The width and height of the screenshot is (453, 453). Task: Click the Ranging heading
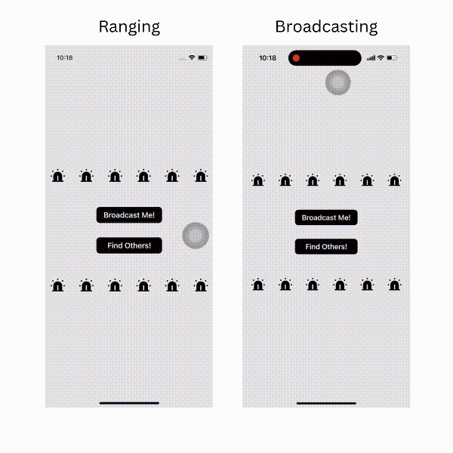(129, 27)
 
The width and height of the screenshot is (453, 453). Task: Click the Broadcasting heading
(326, 27)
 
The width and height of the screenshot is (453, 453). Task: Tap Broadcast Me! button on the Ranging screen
(129, 215)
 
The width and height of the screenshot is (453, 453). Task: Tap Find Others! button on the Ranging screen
(129, 245)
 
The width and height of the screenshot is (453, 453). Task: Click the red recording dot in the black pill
(296, 58)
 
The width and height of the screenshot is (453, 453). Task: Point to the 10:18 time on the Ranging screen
(65, 58)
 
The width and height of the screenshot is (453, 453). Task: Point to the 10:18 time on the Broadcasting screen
(267, 58)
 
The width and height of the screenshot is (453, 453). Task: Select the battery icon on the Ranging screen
(203, 58)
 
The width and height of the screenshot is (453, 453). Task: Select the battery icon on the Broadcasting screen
(392, 58)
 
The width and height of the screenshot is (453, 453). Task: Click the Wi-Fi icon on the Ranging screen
(192, 57)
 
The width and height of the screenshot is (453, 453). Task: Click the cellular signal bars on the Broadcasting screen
(371, 58)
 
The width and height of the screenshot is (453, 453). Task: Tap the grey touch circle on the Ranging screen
(196, 236)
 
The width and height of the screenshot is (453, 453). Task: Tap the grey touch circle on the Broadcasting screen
(338, 82)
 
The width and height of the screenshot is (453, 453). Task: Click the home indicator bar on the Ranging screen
(129, 403)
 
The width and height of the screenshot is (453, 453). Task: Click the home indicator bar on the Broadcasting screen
(326, 403)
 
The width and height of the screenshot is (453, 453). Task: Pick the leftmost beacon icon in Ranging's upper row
(58, 176)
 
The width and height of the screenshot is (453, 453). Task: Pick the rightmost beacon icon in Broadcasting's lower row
(395, 285)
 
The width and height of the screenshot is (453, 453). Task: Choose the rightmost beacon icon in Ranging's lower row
(201, 285)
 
